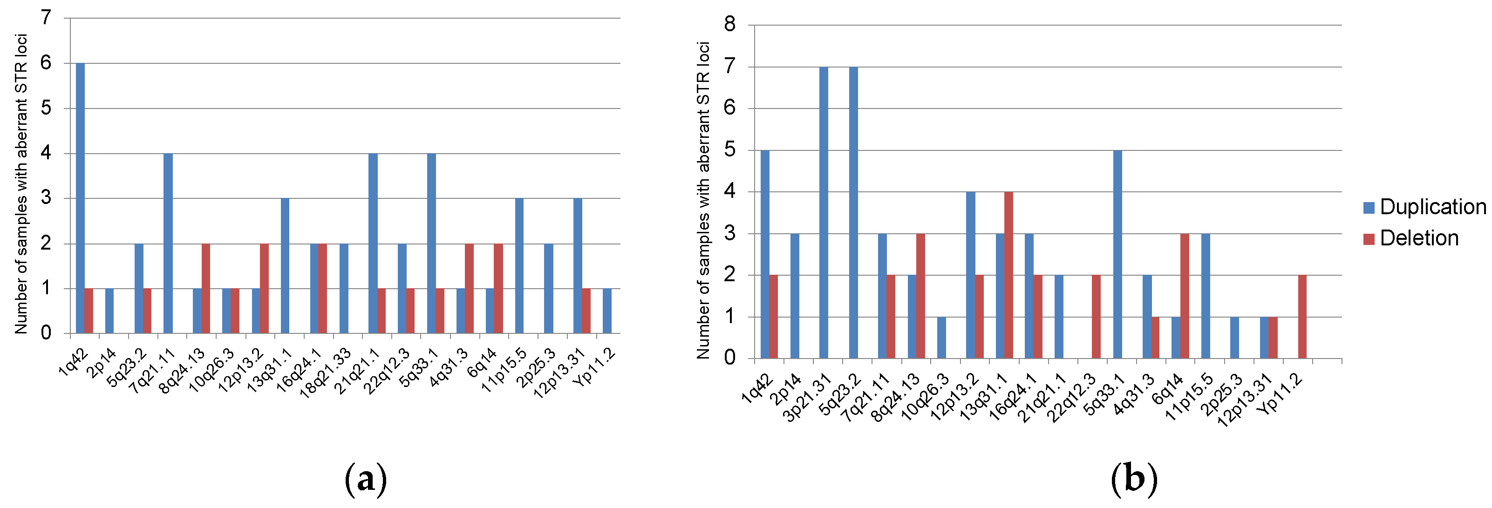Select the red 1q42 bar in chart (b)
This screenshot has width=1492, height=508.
773,317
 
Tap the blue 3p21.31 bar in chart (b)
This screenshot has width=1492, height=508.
824,213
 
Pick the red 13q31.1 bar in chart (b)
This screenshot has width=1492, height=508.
1008,275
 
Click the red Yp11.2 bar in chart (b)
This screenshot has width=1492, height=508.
1302,317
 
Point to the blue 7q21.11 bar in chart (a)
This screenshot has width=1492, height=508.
168,243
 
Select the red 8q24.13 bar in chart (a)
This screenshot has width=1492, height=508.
205,289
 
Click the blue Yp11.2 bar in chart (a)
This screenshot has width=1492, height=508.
607,311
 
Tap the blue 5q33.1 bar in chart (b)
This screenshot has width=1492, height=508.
1117,254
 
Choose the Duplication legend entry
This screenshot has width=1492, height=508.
1425,207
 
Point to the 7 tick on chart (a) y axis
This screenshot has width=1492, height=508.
46,18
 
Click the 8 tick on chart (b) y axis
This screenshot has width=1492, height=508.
730,25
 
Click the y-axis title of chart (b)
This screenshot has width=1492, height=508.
703,200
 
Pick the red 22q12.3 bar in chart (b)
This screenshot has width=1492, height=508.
1097,317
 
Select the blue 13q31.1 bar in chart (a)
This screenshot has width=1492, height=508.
285,266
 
